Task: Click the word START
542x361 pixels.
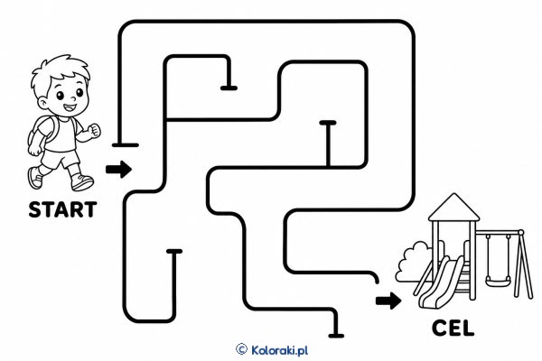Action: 62,209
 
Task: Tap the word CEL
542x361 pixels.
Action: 453,329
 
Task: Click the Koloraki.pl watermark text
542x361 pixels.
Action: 279,350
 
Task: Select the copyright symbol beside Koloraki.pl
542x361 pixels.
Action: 241,349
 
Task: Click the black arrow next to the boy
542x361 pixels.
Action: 118,170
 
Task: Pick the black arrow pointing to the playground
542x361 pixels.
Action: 388,301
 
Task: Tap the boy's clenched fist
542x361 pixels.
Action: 94,131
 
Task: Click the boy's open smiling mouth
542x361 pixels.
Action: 70,107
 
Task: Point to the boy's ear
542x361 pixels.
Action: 42,102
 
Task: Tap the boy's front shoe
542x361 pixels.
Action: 82,182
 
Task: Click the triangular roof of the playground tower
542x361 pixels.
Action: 453,208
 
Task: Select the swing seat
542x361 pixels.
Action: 498,282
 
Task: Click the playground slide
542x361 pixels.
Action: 438,283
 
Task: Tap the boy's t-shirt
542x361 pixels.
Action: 61,134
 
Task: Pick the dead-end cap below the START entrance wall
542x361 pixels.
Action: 126,145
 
